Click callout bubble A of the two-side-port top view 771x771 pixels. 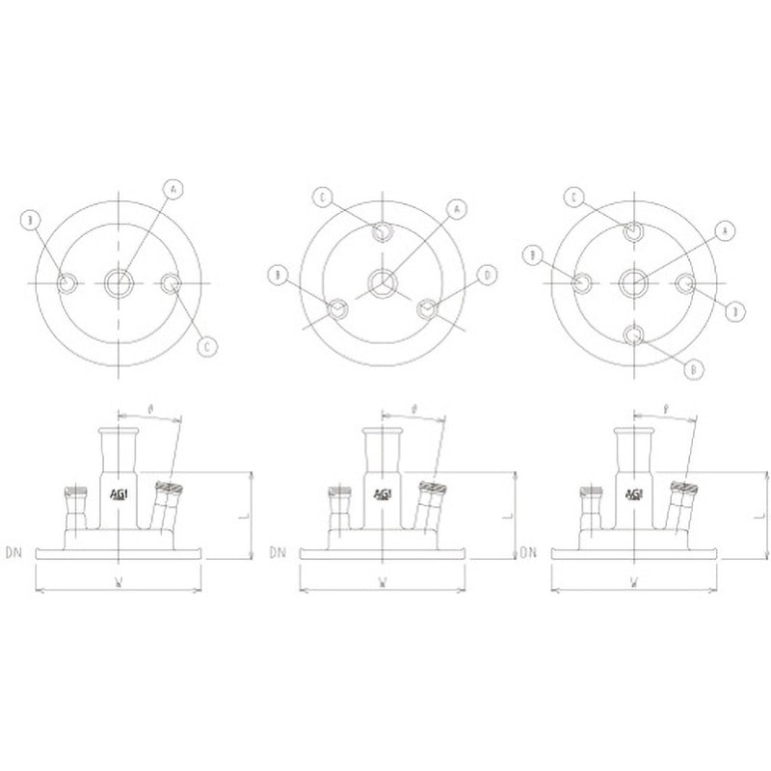coord(173,189)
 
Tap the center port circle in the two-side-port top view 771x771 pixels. coord(120,282)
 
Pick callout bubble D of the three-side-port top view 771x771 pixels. coord(488,276)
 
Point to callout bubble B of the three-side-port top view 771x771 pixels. coord(278,276)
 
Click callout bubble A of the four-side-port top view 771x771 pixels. coord(726,229)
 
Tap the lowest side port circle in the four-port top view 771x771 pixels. coord(634,335)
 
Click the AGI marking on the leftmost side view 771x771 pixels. coord(120,494)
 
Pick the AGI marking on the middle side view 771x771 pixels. coord(384,494)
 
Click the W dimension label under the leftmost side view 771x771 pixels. coord(118,581)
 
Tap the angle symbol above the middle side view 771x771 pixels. coord(412,409)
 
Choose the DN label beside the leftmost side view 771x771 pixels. coord(13,553)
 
